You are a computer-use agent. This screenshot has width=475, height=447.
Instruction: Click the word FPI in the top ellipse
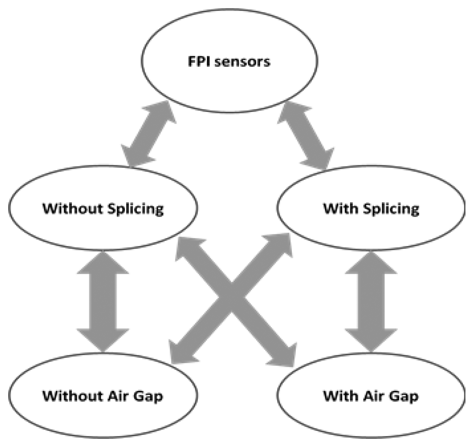pos(199,62)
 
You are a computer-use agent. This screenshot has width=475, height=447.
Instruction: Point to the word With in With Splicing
pos(340,208)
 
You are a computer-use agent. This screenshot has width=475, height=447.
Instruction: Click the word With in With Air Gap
pos(340,396)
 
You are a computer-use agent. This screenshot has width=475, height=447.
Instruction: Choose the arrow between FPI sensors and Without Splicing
pos(149,134)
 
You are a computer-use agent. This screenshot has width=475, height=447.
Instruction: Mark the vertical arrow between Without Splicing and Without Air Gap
pos(103,301)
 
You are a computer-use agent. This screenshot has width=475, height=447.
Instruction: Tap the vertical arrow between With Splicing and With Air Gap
pos(371,301)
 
